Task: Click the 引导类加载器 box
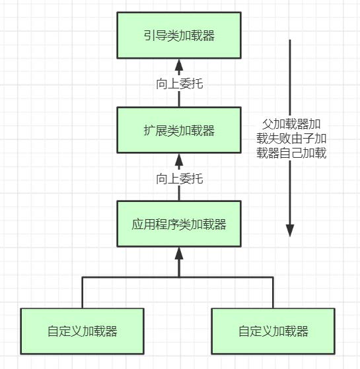[179, 36]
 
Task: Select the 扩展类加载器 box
[179, 130]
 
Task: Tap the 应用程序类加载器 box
[179, 224]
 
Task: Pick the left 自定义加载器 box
[83, 331]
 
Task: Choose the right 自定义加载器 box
[273, 331]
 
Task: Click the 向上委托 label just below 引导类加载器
[179, 83]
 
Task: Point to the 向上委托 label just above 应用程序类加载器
[179, 178]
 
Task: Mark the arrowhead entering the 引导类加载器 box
[179, 64]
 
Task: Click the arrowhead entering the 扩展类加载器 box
[179, 158]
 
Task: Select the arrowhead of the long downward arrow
[289, 230]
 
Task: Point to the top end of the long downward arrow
[289, 41]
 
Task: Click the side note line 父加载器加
[292, 123]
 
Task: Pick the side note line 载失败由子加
[292, 138]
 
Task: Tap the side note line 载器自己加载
[292, 152]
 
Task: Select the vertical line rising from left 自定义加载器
[83, 292]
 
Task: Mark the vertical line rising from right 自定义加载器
[273, 292]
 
